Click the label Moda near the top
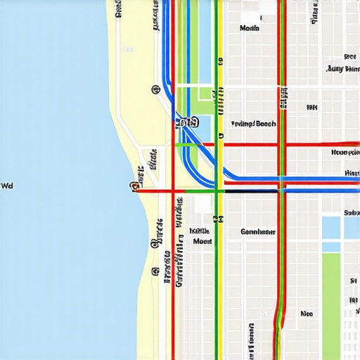point(249,29)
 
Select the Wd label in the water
point(7,186)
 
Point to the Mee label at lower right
point(306,314)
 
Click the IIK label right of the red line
point(311,108)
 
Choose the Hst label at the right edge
point(352,173)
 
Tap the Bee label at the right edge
point(349,56)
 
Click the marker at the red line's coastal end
point(133,186)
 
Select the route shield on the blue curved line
point(185,123)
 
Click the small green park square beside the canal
point(203,95)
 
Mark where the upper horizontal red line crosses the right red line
point(283,145)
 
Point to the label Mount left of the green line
point(202,240)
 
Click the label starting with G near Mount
point(257,231)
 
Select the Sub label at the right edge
point(351,212)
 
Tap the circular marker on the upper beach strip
point(154,89)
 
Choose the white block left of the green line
point(202,205)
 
